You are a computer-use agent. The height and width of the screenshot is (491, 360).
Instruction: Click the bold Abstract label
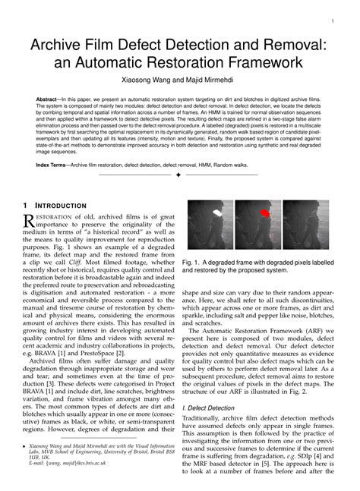pos(51,99)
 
